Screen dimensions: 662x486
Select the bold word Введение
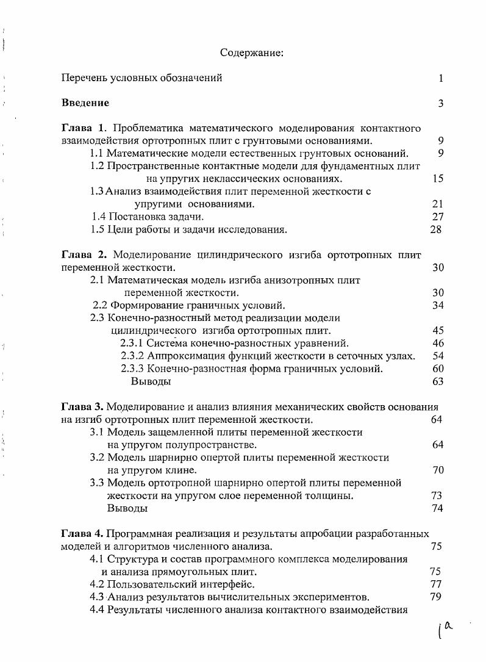(85, 103)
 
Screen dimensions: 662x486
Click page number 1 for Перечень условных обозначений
(440, 78)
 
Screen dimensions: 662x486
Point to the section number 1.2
(98, 166)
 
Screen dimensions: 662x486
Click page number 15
(437, 179)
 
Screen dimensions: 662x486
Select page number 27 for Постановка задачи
(437, 217)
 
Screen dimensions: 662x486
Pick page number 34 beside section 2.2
(437, 305)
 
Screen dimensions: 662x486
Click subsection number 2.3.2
(134, 356)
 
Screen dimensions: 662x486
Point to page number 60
(437, 369)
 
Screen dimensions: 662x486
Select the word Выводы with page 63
(151, 381)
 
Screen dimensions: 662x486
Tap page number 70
(437, 470)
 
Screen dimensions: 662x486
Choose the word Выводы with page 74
(127, 508)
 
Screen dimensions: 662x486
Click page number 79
(435, 597)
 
